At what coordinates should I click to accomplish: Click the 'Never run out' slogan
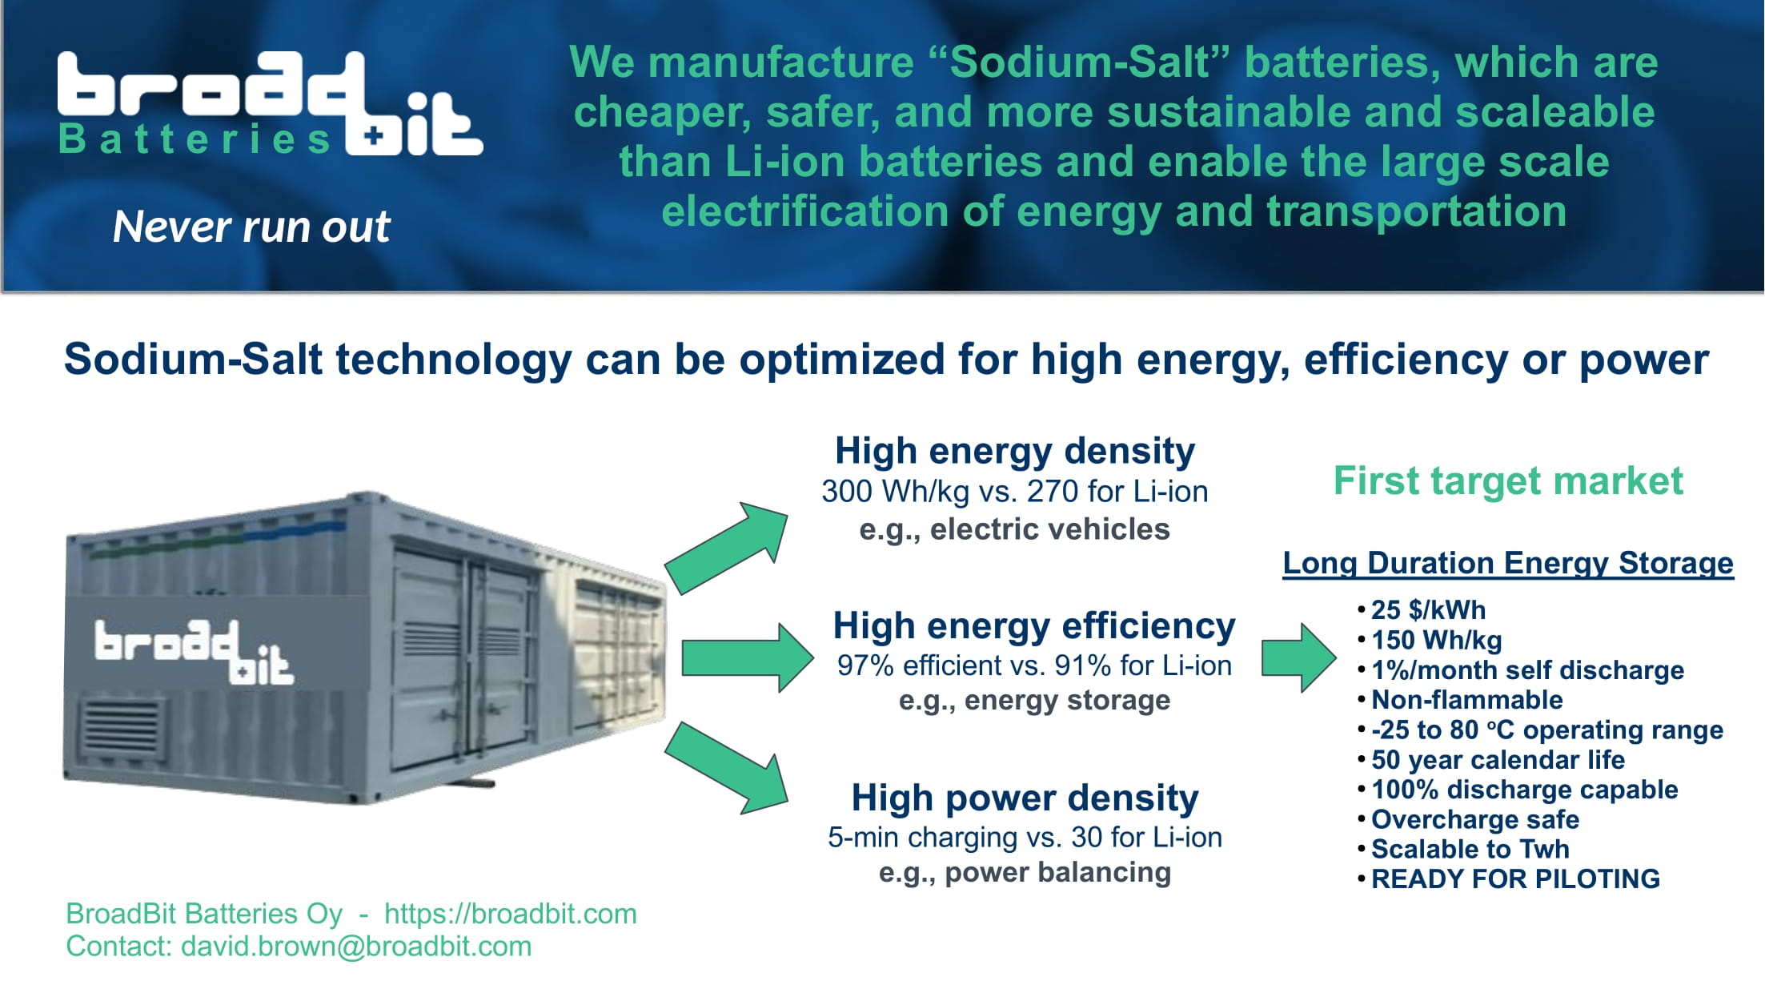[251, 227]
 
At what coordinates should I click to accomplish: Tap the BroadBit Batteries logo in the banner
[270, 104]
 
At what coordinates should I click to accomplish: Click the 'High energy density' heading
[1015, 451]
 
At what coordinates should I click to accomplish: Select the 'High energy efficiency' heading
[1034, 625]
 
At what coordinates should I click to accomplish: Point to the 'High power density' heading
[1025, 798]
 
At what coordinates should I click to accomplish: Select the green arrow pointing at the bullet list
[1299, 657]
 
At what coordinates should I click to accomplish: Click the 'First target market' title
[1508, 480]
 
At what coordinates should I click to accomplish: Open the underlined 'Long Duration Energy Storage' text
[1508, 563]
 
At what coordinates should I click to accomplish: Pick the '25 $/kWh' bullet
[1428, 610]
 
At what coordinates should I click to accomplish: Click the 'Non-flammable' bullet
[1466, 700]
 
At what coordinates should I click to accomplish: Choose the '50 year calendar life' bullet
[1498, 760]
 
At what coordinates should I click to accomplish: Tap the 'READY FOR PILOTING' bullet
[1515, 879]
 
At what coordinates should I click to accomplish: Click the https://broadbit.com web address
[511, 914]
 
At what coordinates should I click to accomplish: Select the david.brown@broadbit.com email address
[356, 947]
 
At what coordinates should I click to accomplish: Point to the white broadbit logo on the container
[195, 652]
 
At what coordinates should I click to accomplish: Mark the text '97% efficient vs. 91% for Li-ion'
[1034, 665]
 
